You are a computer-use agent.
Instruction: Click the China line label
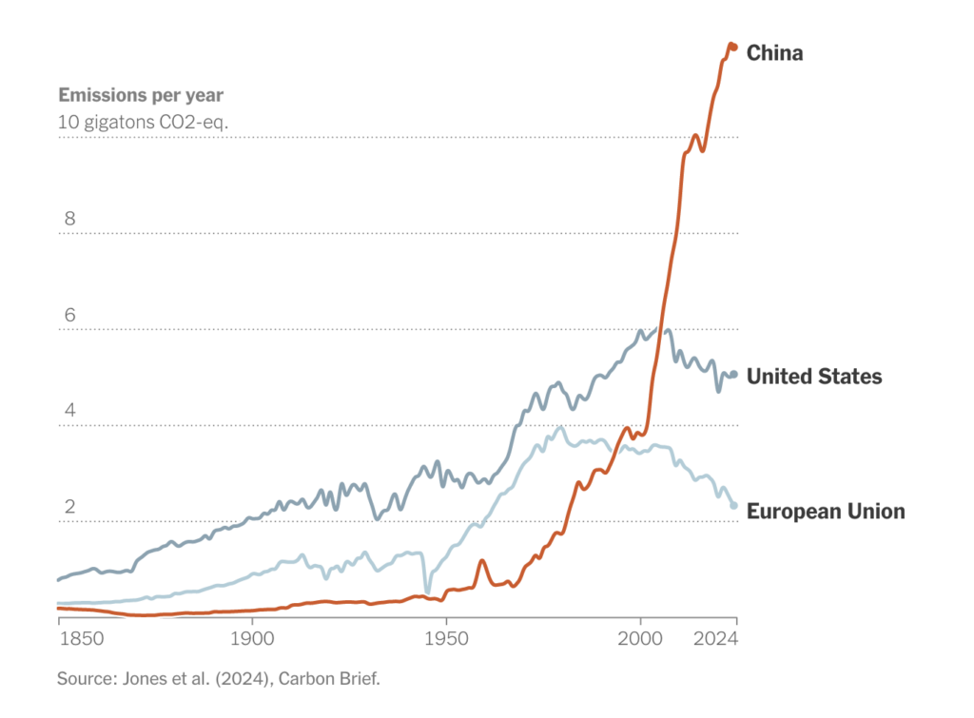(x=774, y=53)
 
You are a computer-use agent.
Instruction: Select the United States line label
(x=813, y=377)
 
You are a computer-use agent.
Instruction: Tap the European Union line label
(x=825, y=512)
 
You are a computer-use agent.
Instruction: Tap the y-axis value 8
(x=68, y=219)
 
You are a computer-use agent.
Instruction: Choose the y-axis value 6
(x=68, y=315)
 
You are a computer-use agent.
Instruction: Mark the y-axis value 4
(x=68, y=411)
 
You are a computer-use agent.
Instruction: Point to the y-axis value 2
(x=68, y=507)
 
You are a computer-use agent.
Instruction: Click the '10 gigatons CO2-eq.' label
(x=143, y=122)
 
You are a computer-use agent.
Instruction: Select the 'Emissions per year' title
(x=141, y=95)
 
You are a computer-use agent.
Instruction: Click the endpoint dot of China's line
(x=733, y=47)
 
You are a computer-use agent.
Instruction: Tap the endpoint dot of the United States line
(x=733, y=375)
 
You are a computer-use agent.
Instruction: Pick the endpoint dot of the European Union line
(x=733, y=505)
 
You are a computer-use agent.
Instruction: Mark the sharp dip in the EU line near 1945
(x=426, y=592)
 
